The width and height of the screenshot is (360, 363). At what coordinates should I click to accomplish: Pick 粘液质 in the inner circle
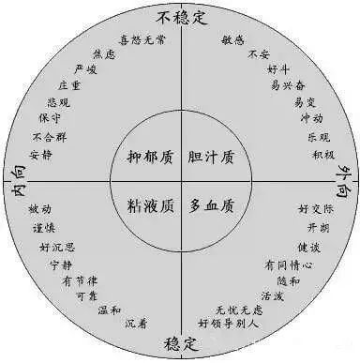(x=150, y=204)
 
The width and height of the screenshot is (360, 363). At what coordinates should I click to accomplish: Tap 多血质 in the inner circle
(x=211, y=204)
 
